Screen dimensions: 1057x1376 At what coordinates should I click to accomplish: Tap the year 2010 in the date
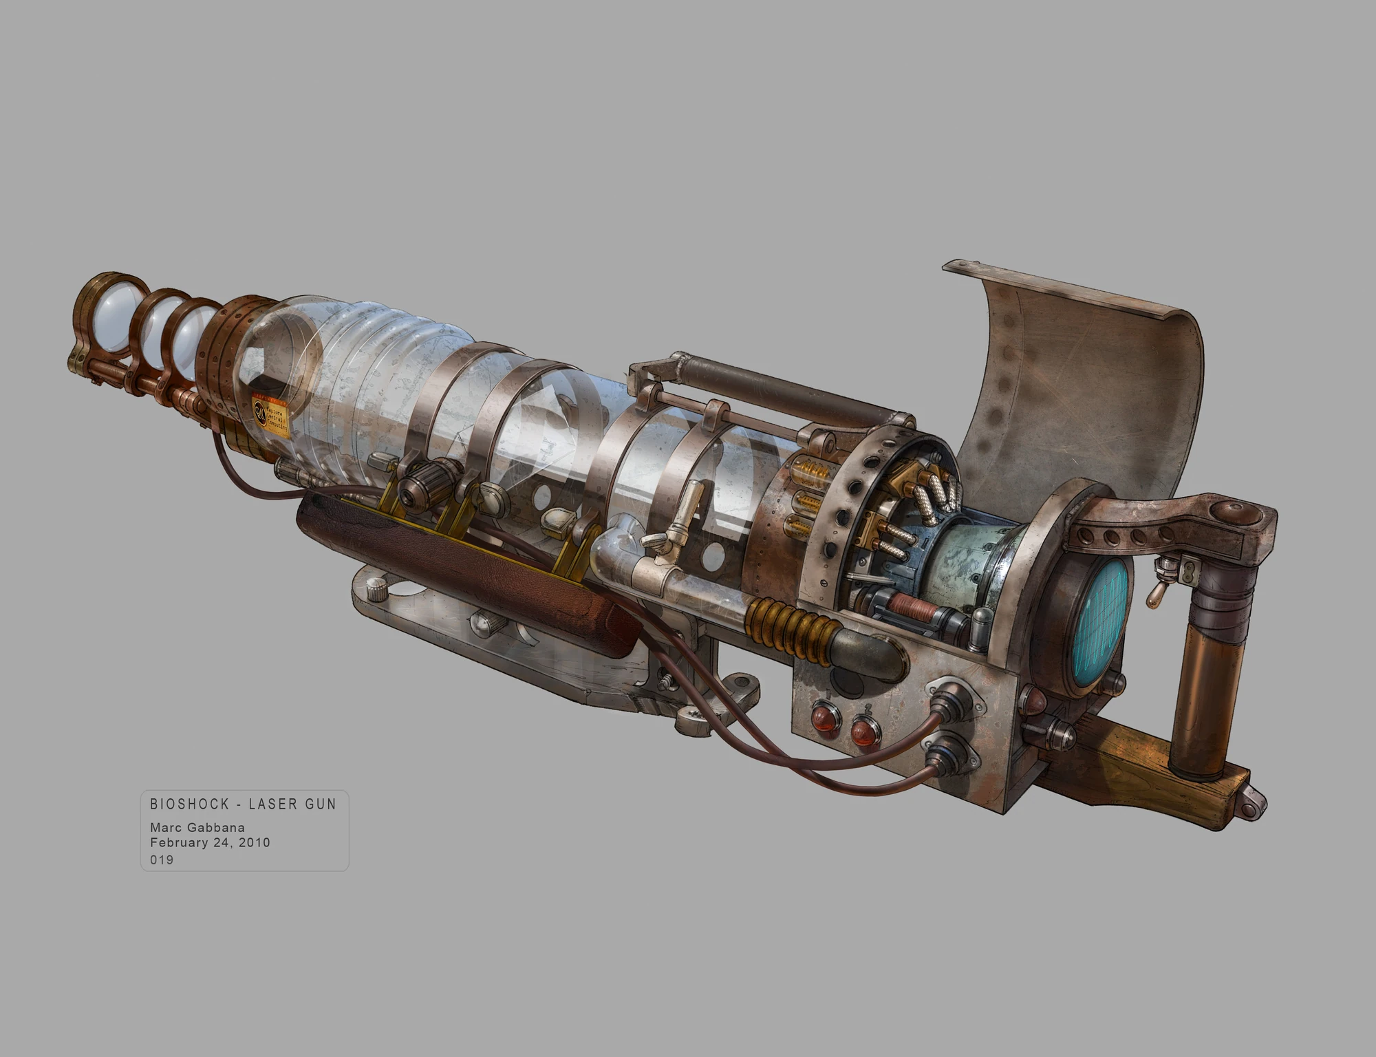(254, 842)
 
